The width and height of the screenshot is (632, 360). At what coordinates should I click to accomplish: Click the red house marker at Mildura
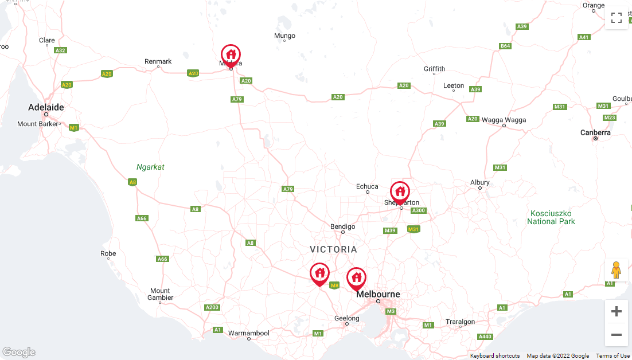(x=231, y=55)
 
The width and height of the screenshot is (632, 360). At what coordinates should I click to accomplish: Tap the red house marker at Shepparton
(x=400, y=191)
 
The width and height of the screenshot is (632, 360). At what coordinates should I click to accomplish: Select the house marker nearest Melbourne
(x=356, y=277)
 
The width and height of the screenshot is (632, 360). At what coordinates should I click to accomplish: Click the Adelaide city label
(x=46, y=107)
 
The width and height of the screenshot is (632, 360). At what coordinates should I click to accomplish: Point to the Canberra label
(x=595, y=132)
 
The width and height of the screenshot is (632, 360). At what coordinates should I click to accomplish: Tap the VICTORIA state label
(x=333, y=249)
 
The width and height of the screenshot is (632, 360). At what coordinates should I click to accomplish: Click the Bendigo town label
(x=342, y=226)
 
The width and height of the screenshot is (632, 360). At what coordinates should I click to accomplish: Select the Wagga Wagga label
(x=504, y=120)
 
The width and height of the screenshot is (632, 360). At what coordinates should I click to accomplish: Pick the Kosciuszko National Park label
(x=551, y=217)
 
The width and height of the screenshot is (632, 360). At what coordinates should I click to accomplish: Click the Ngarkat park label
(x=150, y=167)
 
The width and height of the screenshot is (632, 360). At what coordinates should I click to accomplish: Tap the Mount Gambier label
(x=160, y=294)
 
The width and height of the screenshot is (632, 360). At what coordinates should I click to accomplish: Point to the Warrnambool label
(x=248, y=332)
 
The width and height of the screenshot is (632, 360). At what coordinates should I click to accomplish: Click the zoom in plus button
(x=617, y=311)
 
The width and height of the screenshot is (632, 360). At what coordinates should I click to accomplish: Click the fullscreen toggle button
(x=617, y=18)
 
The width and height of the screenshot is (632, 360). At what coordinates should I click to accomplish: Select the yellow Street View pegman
(x=617, y=269)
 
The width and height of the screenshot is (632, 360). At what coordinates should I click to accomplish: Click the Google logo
(x=19, y=352)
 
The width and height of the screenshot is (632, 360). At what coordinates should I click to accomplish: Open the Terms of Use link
(x=613, y=356)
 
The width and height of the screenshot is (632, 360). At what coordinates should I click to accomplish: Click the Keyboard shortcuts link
(x=495, y=356)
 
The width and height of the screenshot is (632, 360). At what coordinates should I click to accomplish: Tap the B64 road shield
(x=505, y=46)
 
